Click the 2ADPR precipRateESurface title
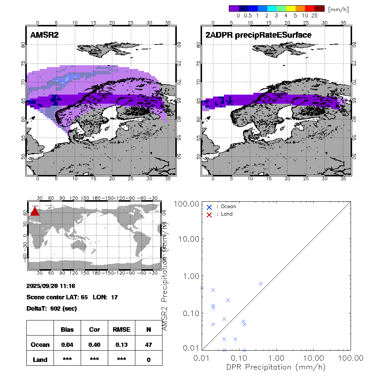point(258,35)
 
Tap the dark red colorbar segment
point(319,8)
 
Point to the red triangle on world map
point(34,211)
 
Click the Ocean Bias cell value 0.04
point(67,345)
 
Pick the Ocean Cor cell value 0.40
point(94,345)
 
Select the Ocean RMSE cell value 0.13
point(121,345)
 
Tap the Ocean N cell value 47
point(149,345)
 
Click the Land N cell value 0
point(149,360)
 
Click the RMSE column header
point(121,329)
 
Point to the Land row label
point(40,360)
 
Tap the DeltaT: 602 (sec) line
point(52,308)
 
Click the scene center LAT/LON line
point(72,297)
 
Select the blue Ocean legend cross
point(210,207)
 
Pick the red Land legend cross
point(210,214)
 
